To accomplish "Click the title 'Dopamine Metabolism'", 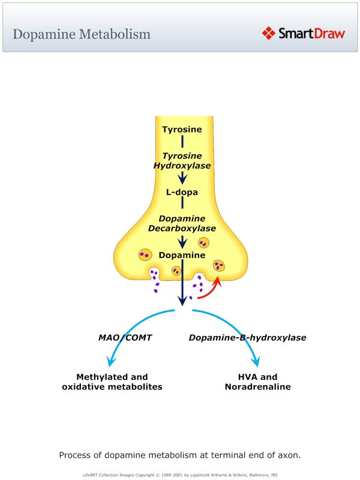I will [82, 34].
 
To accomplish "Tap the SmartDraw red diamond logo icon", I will [269, 33].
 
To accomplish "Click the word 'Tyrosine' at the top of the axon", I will [182, 129].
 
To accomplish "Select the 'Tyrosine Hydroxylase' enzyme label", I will [182, 160].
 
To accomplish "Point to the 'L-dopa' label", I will [182, 193].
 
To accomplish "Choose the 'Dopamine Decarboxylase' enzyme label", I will [182, 223].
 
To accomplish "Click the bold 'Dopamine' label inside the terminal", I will [182, 255].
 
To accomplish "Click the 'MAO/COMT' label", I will [125, 338].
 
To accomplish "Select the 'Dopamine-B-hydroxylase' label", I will [247, 338].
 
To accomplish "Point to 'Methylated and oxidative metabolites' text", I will [112, 382].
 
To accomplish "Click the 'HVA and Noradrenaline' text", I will [257, 382].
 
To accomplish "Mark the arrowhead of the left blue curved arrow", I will [109, 362].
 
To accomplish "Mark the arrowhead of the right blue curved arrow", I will [257, 362].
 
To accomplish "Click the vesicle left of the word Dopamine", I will [145, 255].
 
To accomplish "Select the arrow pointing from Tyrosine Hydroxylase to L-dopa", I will [182, 178].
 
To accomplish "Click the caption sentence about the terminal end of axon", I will [179, 455].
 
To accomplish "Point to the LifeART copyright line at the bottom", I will [179, 474].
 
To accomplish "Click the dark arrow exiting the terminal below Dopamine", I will [182, 294].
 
